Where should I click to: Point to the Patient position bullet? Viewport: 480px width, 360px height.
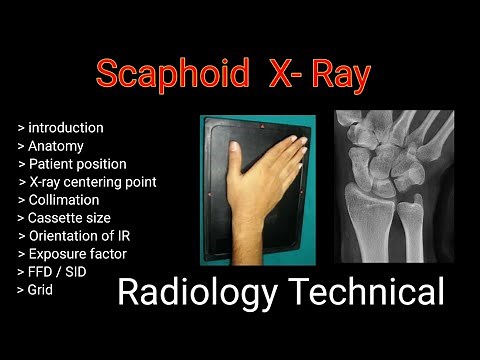pyautogui.click(x=78, y=164)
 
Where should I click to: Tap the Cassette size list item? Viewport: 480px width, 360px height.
pyautogui.click(x=69, y=218)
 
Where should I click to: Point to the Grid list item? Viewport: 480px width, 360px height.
pyautogui.click(x=40, y=290)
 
